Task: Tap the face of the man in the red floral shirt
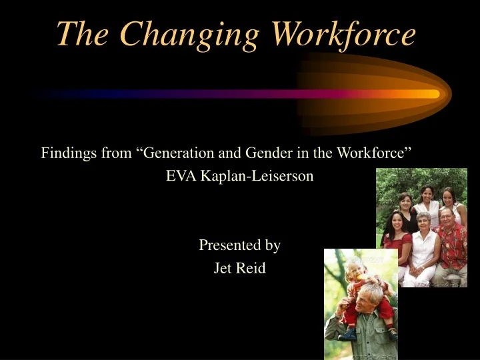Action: click(446, 217)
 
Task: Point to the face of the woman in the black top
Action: click(405, 200)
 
